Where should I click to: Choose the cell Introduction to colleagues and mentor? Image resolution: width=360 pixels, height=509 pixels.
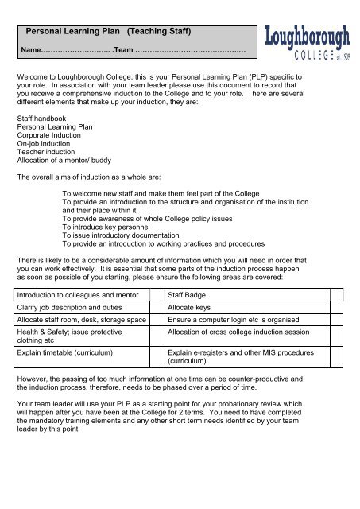coord(83,296)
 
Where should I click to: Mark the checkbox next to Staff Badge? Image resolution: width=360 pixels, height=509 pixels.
coord(336,296)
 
